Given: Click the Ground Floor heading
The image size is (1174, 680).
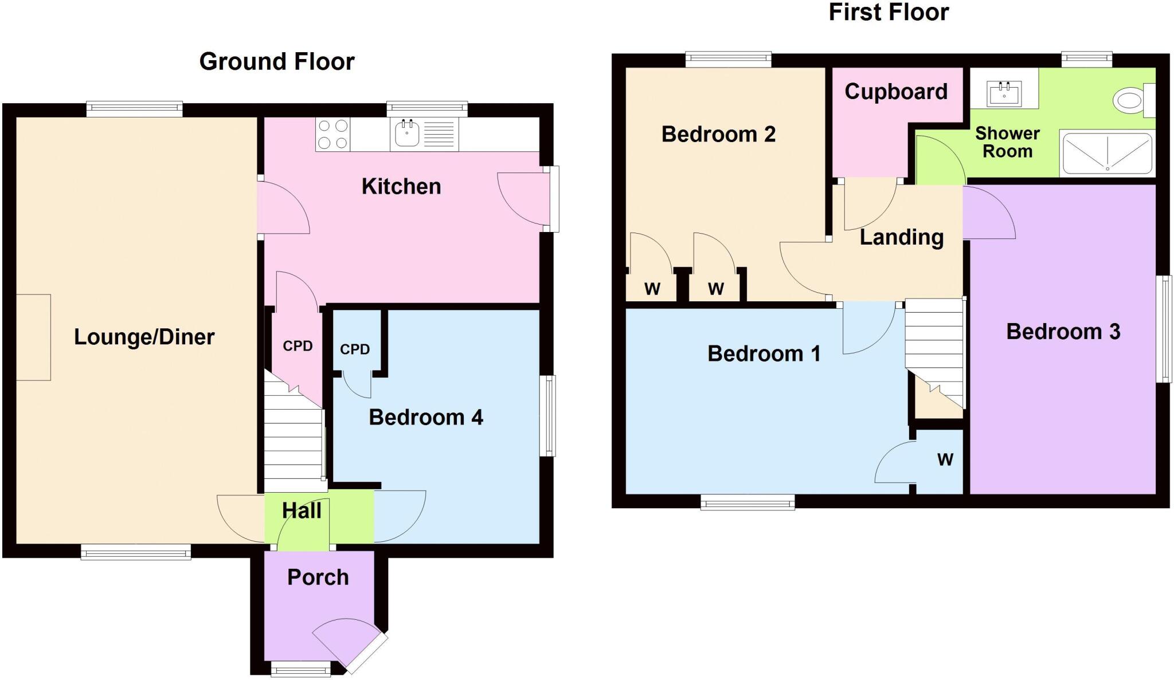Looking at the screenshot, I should [x=277, y=61].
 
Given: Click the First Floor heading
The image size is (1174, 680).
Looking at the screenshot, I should [x=889, y=12].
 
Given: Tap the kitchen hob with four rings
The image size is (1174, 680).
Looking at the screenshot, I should [x=332, y=134].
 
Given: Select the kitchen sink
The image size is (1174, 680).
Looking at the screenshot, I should [x=408, y=133].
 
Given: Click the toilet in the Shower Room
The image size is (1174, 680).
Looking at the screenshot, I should [x=1132, y=100].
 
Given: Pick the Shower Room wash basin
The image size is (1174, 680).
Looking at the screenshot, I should [x=1004, y=94].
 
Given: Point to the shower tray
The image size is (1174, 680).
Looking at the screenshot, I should [x=1106, y=152].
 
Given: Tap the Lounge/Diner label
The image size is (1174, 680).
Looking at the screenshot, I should [x=144, y=337].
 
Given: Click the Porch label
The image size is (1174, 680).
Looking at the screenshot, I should [x=318, y=577].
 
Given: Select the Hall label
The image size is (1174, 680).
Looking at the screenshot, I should [x=302, y=510].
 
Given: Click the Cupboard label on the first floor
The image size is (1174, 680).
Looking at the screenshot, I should [x=896, y=92].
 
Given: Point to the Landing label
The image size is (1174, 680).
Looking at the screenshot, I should [x=902, y=237].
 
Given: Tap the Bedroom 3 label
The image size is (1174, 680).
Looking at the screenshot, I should [x=1063, y=332].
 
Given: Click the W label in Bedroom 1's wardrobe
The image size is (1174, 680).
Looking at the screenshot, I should [x=945, y=459].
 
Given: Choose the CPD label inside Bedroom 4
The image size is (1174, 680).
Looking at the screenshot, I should [x=355, y=349].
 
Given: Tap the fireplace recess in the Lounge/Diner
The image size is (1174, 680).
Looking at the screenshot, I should [x=33, y=337].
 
